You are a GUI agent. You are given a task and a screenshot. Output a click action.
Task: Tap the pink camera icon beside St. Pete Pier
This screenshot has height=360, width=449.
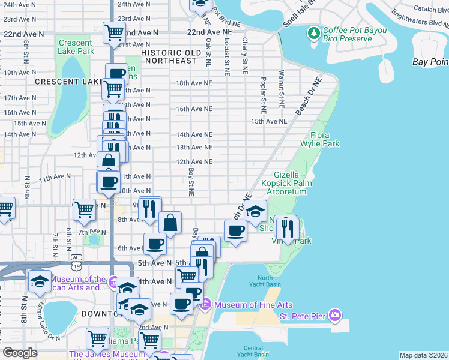click(334, 315)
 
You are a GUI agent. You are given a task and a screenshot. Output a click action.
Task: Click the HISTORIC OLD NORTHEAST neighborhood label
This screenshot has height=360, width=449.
click(170, 56)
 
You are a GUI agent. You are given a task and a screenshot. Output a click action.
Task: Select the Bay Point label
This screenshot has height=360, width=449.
click(430, 62)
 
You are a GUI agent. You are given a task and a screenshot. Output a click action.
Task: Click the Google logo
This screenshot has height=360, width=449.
click(20, 353)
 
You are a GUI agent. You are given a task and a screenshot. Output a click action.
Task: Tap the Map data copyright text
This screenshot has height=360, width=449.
click(423, 355)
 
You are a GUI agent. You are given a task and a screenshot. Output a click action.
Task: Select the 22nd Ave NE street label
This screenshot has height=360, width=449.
click(209, 31)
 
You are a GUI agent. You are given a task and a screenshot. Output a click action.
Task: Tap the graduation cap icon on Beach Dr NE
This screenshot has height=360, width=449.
click(255, 211)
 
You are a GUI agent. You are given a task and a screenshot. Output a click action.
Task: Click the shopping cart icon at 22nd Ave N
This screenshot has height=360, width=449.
click(114, 34)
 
